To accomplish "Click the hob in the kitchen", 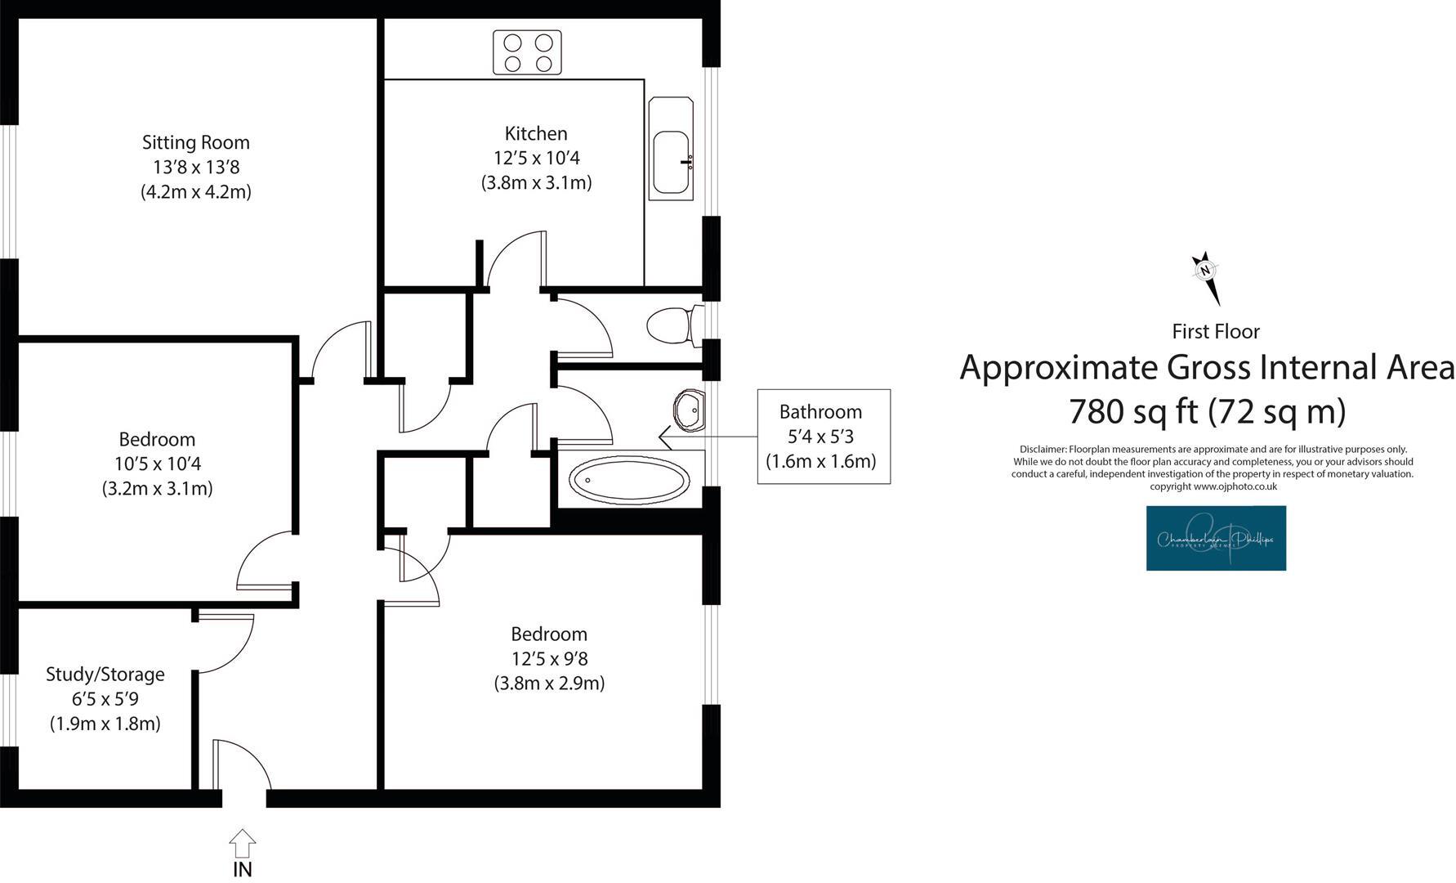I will click(x=527, y=52).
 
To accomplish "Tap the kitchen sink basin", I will click(x=671, y=162).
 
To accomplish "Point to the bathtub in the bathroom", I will click(x=629, y=479).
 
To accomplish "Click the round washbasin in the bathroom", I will click(x=690, y=410).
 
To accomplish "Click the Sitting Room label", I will click(x=196, y=142).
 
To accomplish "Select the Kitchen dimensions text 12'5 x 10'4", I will click(x=536, y=158).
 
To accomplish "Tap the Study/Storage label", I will click(x=105, y=675).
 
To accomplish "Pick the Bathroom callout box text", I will click(x=820, y=436).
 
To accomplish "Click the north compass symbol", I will click(x=1205, y=276).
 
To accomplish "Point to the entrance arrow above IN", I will click(x=243, y=842).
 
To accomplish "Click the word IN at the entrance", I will click(x=243, y=869).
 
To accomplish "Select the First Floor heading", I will click(x=1215, y=331).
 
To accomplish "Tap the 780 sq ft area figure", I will click(x=1135, y=411).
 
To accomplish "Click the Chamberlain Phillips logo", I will click(x=1216, y=538).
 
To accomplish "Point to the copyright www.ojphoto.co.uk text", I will click(x=1213, y=486).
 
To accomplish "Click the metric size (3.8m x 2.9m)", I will click(x=549, y=684).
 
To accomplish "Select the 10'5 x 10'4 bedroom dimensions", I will click(x=158, y=464).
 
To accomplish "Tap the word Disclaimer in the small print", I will click(x=1043, y=450).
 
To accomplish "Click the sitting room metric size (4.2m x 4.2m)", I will click(x=196, y=192).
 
